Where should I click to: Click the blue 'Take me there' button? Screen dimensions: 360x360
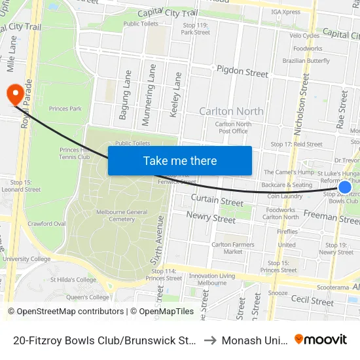coord(180,160)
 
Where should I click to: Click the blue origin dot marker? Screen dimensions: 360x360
coord(344,187)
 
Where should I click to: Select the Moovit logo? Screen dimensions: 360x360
coord(321,340)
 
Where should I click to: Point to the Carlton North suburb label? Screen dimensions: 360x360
coord(231,111)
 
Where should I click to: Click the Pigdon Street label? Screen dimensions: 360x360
coord(242,71)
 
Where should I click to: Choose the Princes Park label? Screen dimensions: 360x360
coord(65,109)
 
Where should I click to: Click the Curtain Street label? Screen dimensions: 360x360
coord(217,200)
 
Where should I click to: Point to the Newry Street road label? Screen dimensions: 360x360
coord(211,217)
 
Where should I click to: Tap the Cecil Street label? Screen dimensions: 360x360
coord(312,300)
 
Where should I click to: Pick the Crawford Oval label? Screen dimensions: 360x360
coord(46,224)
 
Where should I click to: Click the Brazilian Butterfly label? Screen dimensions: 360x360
coord(306,61)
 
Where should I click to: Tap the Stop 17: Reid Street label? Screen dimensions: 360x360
coord(297,144)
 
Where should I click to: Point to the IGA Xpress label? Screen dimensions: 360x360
coord(285,11)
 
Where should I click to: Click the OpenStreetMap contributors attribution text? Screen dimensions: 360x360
coord(66,312)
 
